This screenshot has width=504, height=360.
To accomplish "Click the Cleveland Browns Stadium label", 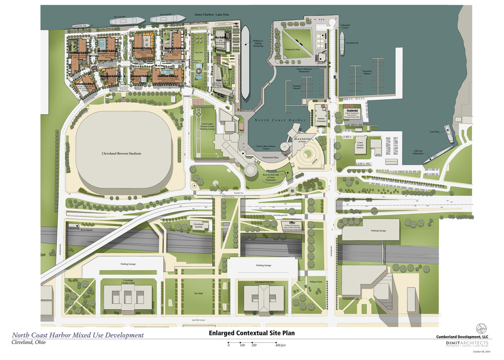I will pyautogui.click(x=121, y=154).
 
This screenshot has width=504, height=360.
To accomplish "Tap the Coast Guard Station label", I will pyautogui.click(x=360, y=145).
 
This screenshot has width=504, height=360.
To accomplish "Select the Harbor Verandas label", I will pyautogui.click(x=322, y=120).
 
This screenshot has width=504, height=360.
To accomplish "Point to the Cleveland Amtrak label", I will pyautogui.click(x=198, y=225).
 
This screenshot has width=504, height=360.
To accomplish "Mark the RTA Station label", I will pyautogui.click(x=86, y=230).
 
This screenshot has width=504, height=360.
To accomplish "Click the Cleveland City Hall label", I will pyautogui.click(x=264, y=282).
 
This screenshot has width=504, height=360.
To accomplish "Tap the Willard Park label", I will pyautogui.click(x=315, y=282).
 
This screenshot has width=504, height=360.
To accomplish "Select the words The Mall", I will pyautogui.click(x=198, y=294).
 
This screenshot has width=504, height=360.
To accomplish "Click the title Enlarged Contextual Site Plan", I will pyautogui.click(x=252, y=333).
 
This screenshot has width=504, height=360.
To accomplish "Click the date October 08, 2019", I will pyautogui.click(x=481, y=352).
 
